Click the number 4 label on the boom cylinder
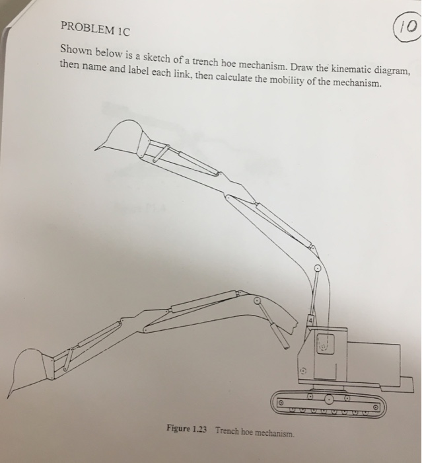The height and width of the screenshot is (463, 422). pos(310,320)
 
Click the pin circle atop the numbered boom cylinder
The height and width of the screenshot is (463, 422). pos(317,269)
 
